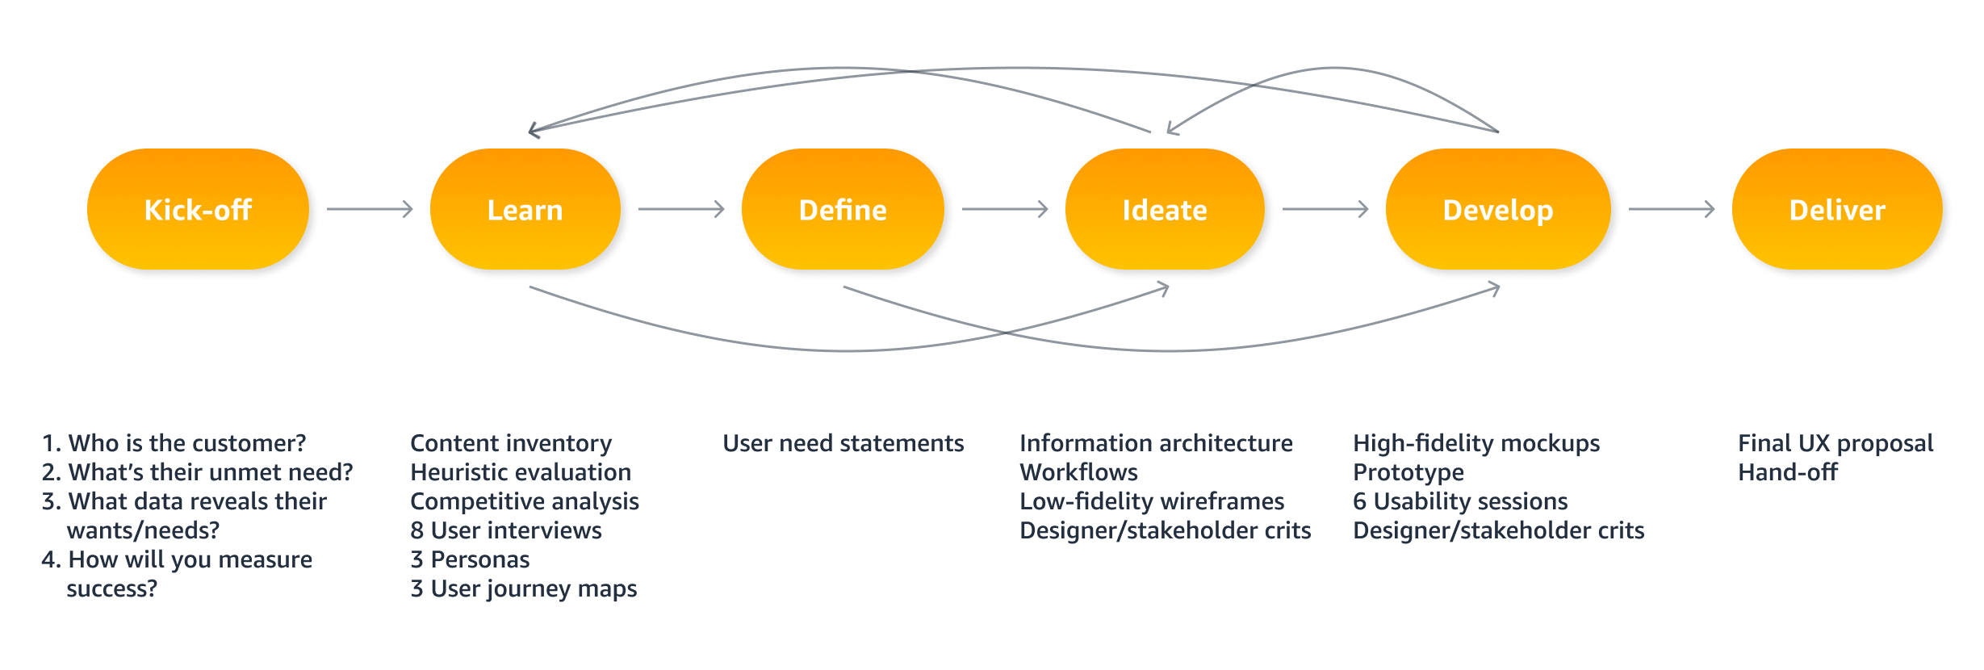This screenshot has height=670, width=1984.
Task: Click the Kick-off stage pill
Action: pyautogui.click(x=198, y=210)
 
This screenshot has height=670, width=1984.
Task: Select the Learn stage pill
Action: pyautogui.click(x=525, y=210)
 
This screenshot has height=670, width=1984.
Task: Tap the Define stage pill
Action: pyautogui.click(x=843, y=210)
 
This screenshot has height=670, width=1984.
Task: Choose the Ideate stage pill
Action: pyautogui.click(x=1165, y=210)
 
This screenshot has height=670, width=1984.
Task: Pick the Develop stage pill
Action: pyautogui.click(x=1498, y=210)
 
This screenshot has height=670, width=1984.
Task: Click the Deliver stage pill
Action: pyautogui.click(x=1837, y=210)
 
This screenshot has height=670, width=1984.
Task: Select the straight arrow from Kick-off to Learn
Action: pyautogui.click(x=370, y=210)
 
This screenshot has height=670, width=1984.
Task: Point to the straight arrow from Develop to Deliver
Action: pyautogui.click(x=1671, y=210)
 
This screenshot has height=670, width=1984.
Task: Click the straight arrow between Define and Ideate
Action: pyautogui.click(x=1004, y=210)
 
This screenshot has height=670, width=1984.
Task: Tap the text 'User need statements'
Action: pyautogui.click(x=843, y=443)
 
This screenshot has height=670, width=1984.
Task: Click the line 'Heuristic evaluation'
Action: pyautogui.click(x=521, y=472)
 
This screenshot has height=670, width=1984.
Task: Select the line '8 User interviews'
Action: pyautogui.click(x=506, y=530)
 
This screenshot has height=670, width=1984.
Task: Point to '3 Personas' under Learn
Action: pyautogui.click(x=470, y=559)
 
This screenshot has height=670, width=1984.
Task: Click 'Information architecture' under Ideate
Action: pyautogui.click(x=1156, y=443)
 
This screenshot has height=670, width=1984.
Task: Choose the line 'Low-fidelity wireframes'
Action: pyautogui.click(x=1152, y=501)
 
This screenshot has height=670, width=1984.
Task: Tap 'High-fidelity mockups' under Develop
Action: pyautogui.click(x=1476, y=443)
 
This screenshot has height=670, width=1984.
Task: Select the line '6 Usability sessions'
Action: pyautogui.click(x=1460, y=501)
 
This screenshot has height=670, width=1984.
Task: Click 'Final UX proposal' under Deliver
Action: pyautogui.click(x=1835, y=443)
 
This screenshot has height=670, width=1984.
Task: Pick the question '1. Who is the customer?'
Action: pyautogui.click(x=174, y=443)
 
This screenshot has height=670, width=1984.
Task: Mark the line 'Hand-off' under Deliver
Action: pyautogui.click(x=1788, y=472)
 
